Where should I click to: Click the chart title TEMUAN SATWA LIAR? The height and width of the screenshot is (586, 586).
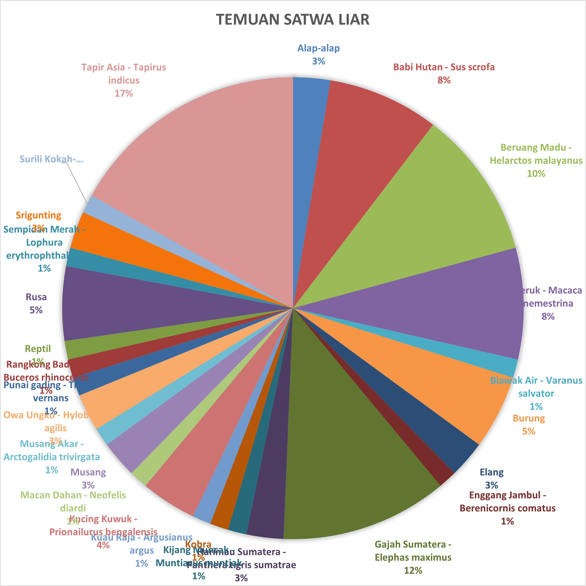pos(293,19)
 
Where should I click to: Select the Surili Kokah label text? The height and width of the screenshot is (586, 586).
pos(51,159)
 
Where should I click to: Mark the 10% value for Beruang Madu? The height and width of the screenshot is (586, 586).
pos(536,174)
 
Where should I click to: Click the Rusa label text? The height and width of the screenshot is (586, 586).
pos(36,297)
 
